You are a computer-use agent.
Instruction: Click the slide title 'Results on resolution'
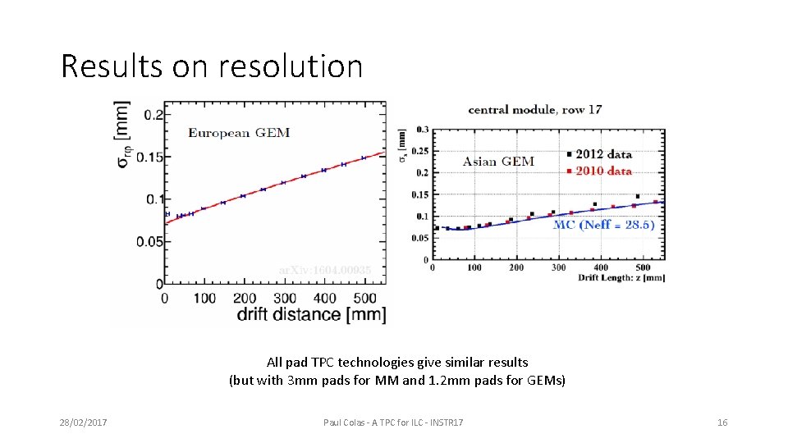(x=212, y=66)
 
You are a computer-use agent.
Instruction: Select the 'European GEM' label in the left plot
(x=239, y=133)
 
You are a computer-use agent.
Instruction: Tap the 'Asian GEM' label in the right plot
(x=498, y=162)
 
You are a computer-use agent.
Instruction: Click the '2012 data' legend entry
(x=604, y=154)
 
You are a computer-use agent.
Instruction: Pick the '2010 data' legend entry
(x=604, y=171)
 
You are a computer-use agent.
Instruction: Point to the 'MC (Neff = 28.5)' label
(x=603, y=225)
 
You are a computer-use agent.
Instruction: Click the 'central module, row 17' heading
(x=534, y=109)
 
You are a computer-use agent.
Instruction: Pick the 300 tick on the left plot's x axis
(x=285, y=297)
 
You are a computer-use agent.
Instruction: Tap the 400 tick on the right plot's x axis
(x=601, y=268)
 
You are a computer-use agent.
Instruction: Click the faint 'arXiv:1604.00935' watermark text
(x=325, y=270)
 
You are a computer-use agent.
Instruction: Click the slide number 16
(x=722, y=422)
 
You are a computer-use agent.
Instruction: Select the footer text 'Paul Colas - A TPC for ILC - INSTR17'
(x=393, y=422)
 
